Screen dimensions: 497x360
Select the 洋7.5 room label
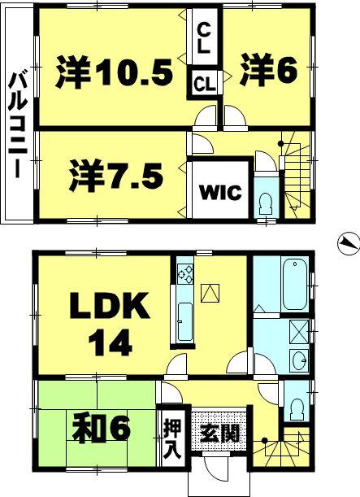(x=115, y=174)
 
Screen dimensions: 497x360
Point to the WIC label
(x=219, y=193)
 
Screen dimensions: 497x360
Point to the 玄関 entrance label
(x=218, y=432)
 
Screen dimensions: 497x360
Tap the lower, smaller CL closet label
(x=205, y=82)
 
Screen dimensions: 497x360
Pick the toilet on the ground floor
(x=297, y=405)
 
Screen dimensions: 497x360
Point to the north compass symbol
(x=347, y=242)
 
